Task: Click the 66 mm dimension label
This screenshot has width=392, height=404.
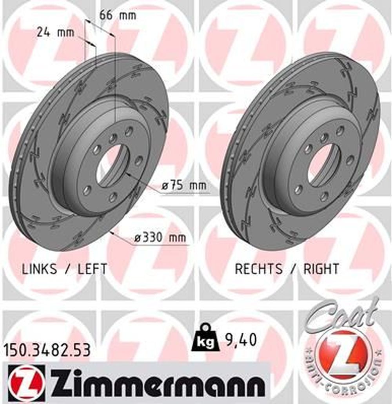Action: pyautogui.click(x=118, y=15)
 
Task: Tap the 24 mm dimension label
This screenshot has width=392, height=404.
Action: pyautogui.click(x=55, y=33)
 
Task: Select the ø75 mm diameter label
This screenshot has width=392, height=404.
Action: pyautogui.click(x=184, y=185)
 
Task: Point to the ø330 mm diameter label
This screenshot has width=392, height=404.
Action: pyautogui.click(x=160, y=237)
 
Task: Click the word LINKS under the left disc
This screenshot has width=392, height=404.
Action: pyautogui.click(x=40, y=269)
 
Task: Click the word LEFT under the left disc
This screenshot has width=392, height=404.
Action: pyautogui.click(x=92, y=269)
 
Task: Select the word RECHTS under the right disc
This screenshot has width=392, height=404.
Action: pyautogui.click(x=258, y=269)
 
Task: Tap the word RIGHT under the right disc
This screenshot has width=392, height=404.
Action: pyautogui.click(x=321, y=269)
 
